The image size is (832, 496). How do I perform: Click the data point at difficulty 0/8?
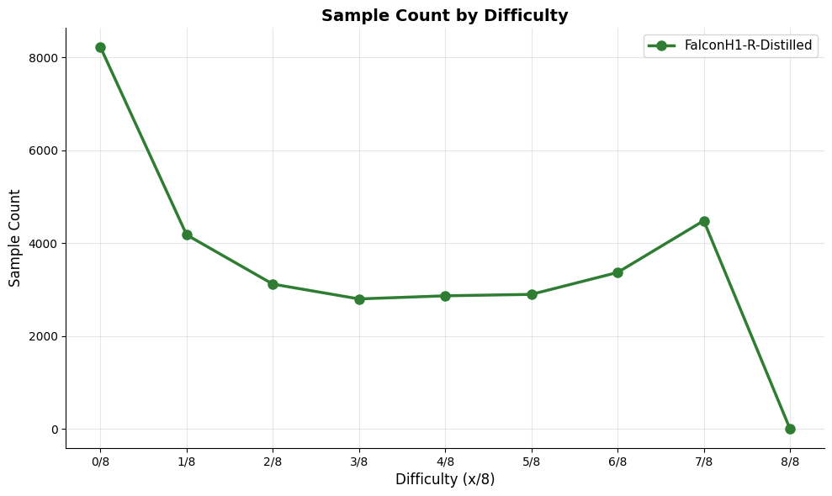100,48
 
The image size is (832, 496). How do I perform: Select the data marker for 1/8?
187,235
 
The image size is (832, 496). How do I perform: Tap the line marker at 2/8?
273,284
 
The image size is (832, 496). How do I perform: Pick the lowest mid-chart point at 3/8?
359,299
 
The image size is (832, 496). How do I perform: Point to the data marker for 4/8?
445,296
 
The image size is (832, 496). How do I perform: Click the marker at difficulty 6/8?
617,272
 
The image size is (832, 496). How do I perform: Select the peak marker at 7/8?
704,221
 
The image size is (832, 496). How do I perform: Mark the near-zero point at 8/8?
790,429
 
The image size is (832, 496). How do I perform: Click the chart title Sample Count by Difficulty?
444,16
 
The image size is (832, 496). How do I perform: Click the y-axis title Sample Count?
15,238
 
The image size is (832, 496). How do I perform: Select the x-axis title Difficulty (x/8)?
445,480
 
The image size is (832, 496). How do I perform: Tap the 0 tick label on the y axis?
53,430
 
